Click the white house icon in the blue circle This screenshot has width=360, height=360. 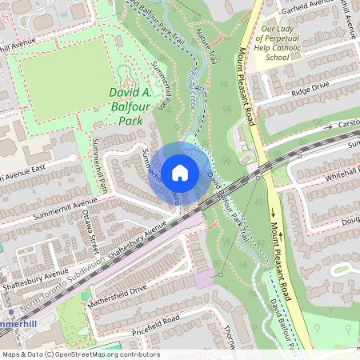pos(180,172)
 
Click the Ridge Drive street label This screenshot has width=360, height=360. pos(310,87)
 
